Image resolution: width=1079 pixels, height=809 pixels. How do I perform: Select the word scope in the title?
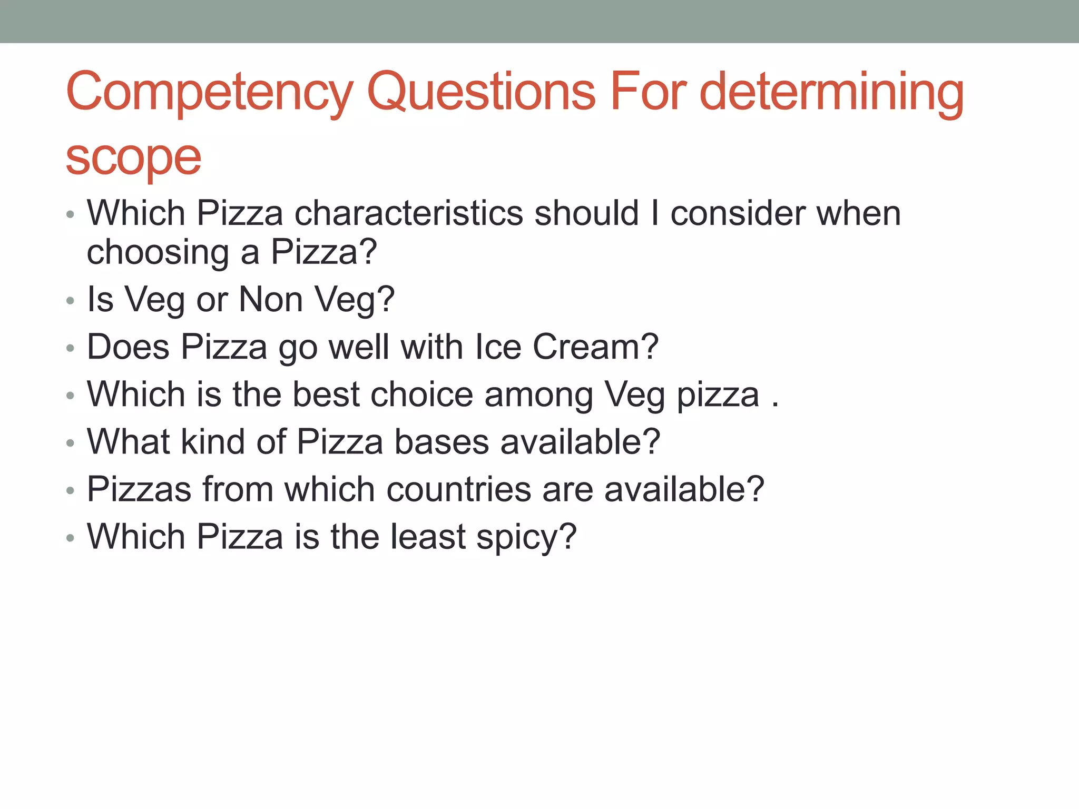(x=133, y=158)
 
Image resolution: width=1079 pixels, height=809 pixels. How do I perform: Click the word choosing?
(x=158, y=253)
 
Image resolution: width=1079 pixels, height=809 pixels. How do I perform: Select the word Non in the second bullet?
(x=270, y=299)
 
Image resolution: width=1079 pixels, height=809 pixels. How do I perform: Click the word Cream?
(x=595, y=347)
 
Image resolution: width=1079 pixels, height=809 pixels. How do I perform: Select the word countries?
(x=458, y=489)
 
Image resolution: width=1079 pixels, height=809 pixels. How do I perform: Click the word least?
(x=428, y=537)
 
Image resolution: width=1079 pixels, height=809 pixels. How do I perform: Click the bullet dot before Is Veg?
(x=71, y=301)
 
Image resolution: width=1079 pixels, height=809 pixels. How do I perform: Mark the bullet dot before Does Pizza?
(x=71, y=348)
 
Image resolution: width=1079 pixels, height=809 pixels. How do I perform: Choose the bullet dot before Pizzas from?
(x=71, y=491)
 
